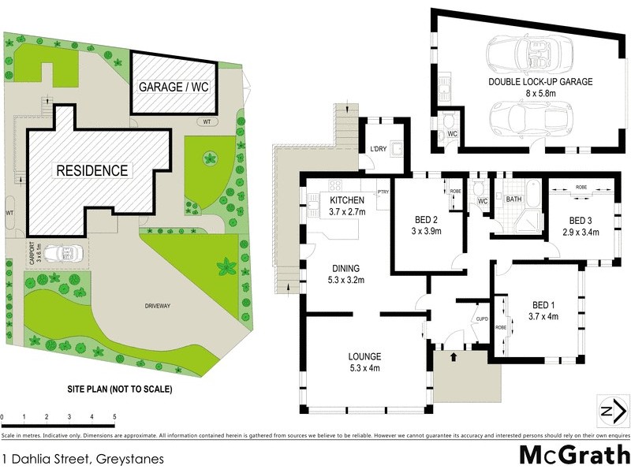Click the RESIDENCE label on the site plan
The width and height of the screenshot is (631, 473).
click(91, 169)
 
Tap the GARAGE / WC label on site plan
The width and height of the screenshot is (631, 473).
click(174, 88)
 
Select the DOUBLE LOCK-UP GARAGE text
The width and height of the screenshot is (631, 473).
click(540, 81)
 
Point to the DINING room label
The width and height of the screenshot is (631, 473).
click(345, 268)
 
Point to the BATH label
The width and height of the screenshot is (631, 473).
click(514, 199)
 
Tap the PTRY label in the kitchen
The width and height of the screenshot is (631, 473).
click(383, 192)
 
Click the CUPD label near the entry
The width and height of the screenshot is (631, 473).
click(483, 319)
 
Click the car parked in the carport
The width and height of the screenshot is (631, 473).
click(62, 253)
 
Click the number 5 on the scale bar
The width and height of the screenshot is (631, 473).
click(114, 416)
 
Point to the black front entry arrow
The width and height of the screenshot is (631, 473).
click(454, 357)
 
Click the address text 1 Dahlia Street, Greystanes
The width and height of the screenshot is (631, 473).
click(82, 458)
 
